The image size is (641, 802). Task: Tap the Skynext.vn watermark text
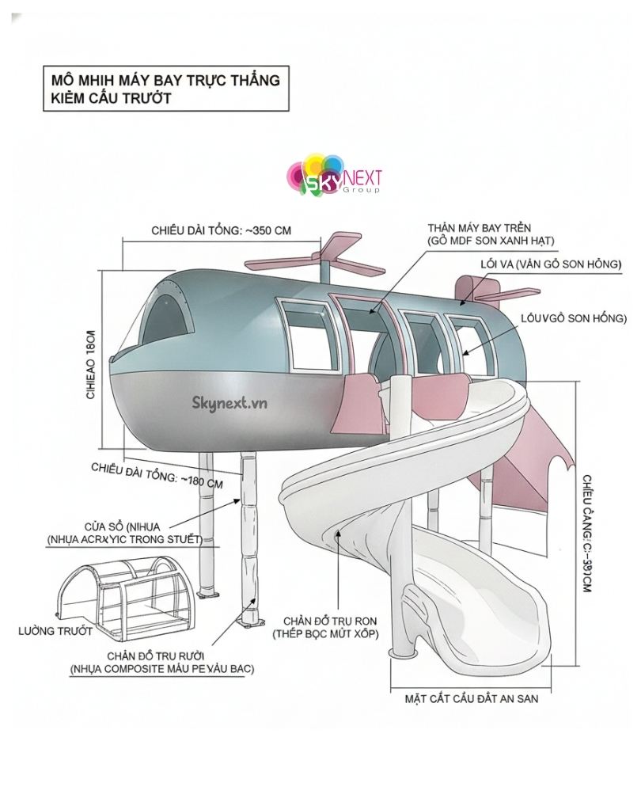pyautogui.click(x=229, y=402)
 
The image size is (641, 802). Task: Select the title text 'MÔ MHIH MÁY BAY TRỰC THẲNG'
pyautogui.click(x=165, y=80)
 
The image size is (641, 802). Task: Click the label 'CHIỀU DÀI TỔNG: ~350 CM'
pyautogui.click(x=221, y=230)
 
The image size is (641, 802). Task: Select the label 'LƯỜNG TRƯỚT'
pyautogui.click(x=55, y=631)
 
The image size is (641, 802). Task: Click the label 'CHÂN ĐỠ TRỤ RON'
pyautogui.click(x=326, y=621)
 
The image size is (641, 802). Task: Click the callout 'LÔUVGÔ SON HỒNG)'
pyautogui.click(x=574, y=318)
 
